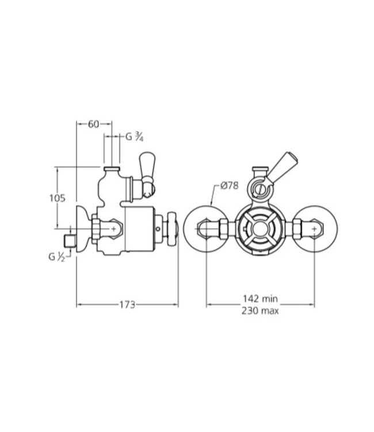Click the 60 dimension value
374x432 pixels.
[94, 124]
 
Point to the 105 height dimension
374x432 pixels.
[56, 198]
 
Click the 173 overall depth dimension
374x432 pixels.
[127, 305]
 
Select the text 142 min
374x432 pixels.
[260, 299]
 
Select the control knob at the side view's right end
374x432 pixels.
[170, 229]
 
